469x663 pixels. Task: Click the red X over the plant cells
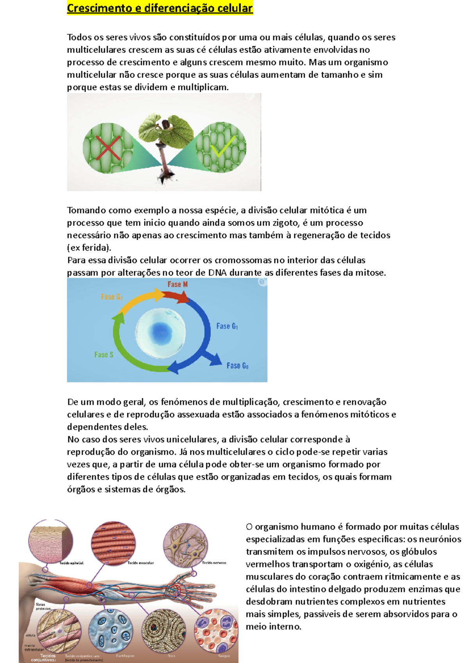(x=108, y=148)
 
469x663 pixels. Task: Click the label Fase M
(x=177, y=284)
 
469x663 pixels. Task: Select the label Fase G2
(x=112, y=297)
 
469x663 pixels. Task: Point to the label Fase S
(x=104, y=355)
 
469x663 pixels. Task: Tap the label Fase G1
(x=227, y=326)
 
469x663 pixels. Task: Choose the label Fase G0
(x=237, y=365)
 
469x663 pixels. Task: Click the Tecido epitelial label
(x=71, y=563)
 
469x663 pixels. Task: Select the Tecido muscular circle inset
(x=113, y=543)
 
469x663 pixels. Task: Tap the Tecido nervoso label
(x=214, y=563)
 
